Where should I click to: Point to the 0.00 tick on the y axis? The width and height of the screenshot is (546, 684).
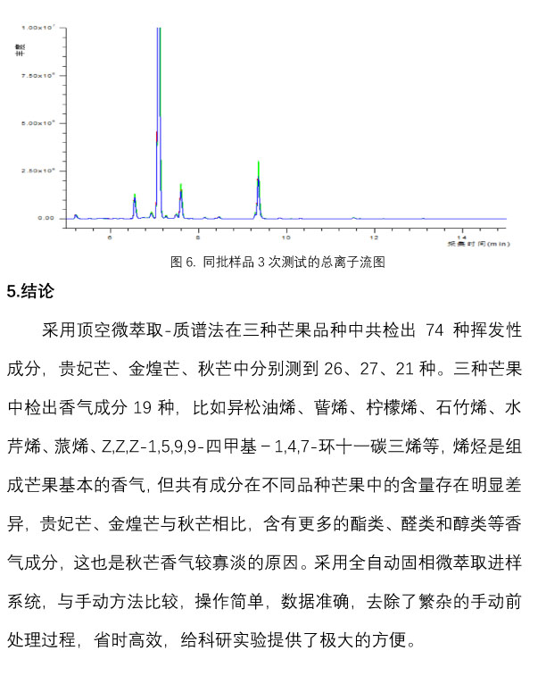coord(45,218)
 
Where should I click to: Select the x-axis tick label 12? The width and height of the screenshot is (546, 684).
coord(374,238)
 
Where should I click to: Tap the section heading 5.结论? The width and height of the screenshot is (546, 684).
coord(30,290)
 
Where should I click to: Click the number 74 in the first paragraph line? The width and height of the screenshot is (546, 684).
coord(435,329)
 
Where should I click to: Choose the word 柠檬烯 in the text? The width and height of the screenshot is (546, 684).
coord(387,408)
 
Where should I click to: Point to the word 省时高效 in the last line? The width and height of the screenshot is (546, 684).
coord(202,643)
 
